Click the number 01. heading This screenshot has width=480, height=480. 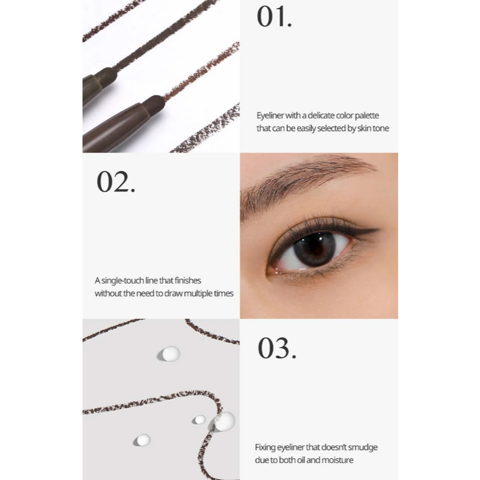coord(274,16)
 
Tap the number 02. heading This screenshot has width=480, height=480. coord(116,182)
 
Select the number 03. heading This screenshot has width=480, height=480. coord(277,348)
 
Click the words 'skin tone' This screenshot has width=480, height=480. coord(373,128)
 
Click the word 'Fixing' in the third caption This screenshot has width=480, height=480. coord(265,448)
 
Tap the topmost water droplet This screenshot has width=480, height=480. coord(169,354)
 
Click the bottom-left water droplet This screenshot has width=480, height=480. coord(142,440)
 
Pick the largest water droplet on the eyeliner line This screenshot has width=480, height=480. coord(223,422)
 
